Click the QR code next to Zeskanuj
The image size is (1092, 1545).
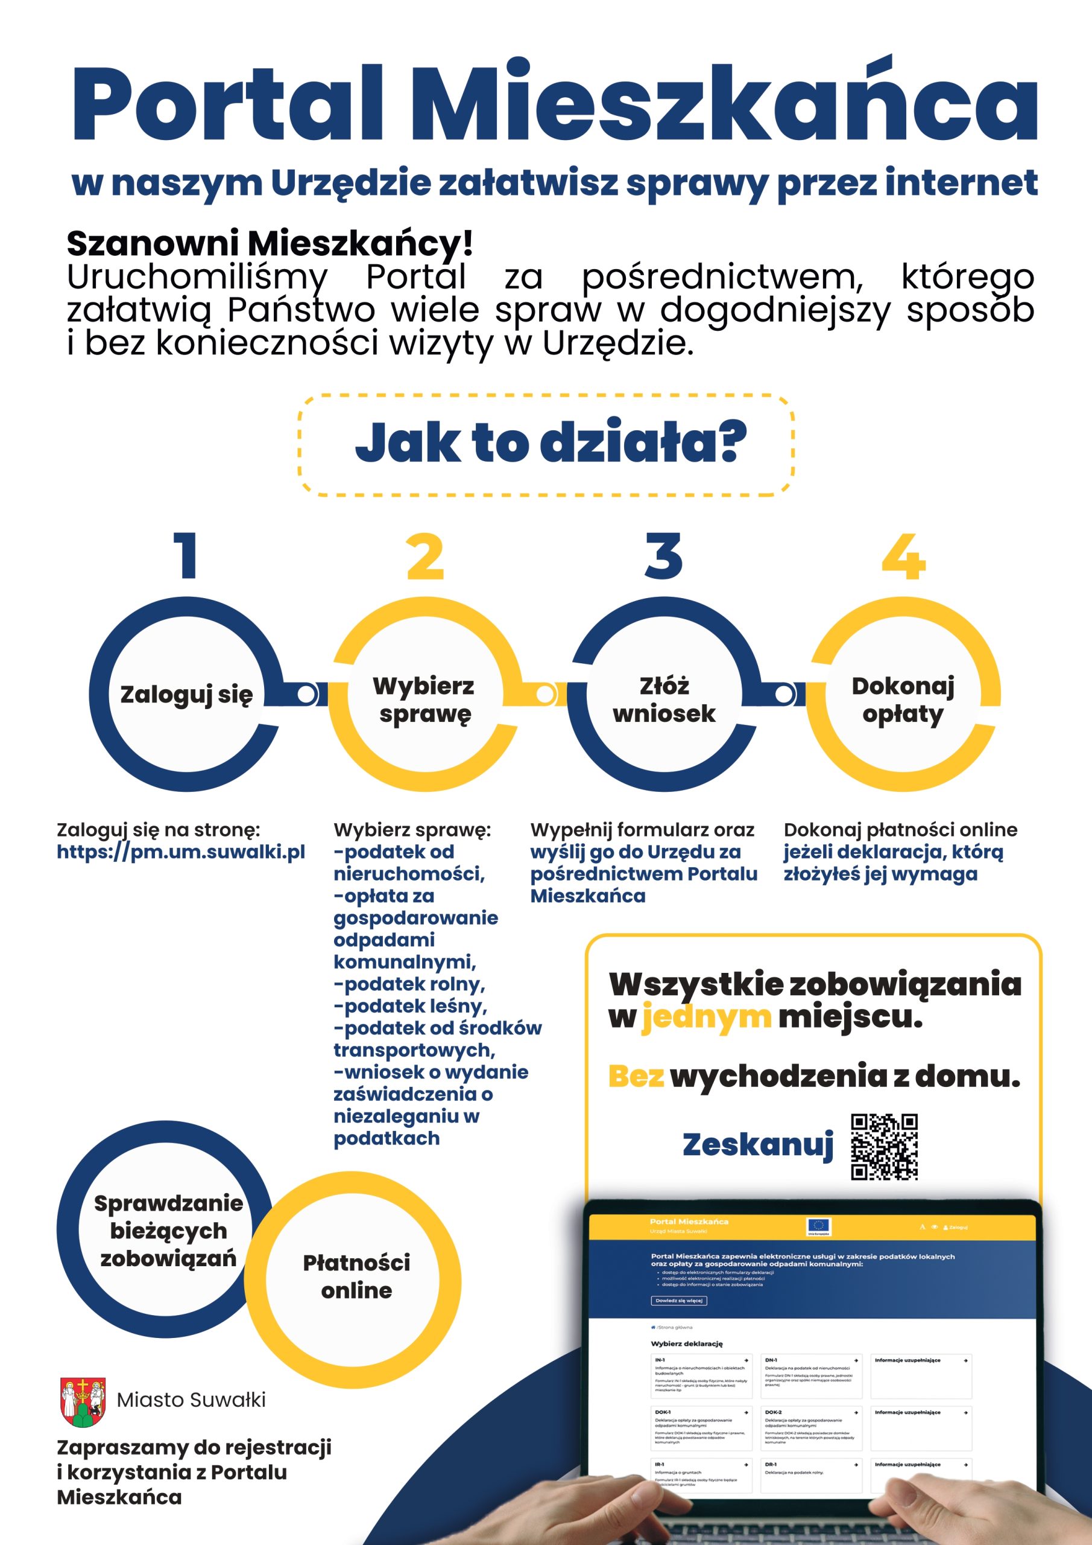coord(884,1147)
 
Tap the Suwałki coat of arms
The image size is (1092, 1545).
coord(83,1402)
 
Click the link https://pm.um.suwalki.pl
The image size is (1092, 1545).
coord(181,852)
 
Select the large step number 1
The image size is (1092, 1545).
coord(186,555)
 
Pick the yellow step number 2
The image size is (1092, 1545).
coord(425,556)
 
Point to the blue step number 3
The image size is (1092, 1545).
coord(664,555)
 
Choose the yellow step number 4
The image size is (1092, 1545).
coord(903,556)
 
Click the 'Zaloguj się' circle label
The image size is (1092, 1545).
coord(186,695)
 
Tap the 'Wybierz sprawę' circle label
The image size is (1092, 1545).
coord(424,700)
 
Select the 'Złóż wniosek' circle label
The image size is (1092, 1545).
coord(664,700)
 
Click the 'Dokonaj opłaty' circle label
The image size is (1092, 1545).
coord(903,700)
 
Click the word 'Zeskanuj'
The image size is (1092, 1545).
coord(758,1145)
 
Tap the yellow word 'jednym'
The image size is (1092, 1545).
coord(706,1018)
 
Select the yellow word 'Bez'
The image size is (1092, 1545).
coord(636,1077)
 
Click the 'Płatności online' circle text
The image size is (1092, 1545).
coord(356,1276)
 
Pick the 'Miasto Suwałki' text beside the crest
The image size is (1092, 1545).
coord(192,1400)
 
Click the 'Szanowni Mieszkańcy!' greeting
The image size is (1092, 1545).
coord(270,243)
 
